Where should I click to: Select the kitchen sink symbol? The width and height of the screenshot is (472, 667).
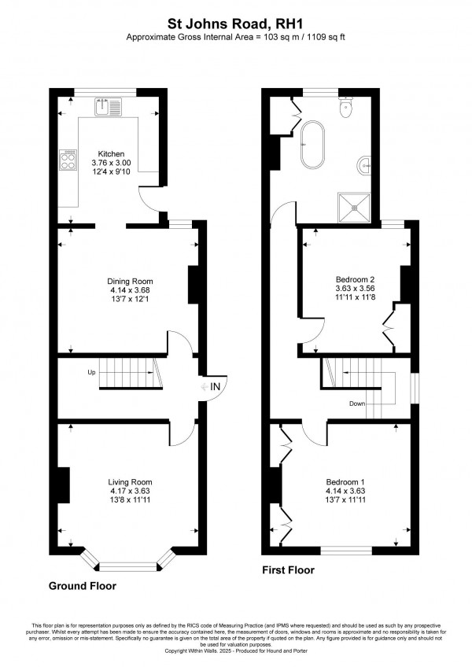tap(107, 106)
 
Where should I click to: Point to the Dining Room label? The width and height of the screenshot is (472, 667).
tap(130, 281)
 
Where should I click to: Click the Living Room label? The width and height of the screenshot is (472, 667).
tap(131, 481)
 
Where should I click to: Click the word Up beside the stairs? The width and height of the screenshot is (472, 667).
tap(91, 372)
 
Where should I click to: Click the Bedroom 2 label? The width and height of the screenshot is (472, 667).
tap(355, 279)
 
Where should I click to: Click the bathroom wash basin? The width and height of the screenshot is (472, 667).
tap(365, 164)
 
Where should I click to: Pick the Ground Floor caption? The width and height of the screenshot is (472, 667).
tap(83, 586)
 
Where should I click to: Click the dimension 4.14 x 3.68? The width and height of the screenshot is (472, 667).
tap(130, 290)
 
